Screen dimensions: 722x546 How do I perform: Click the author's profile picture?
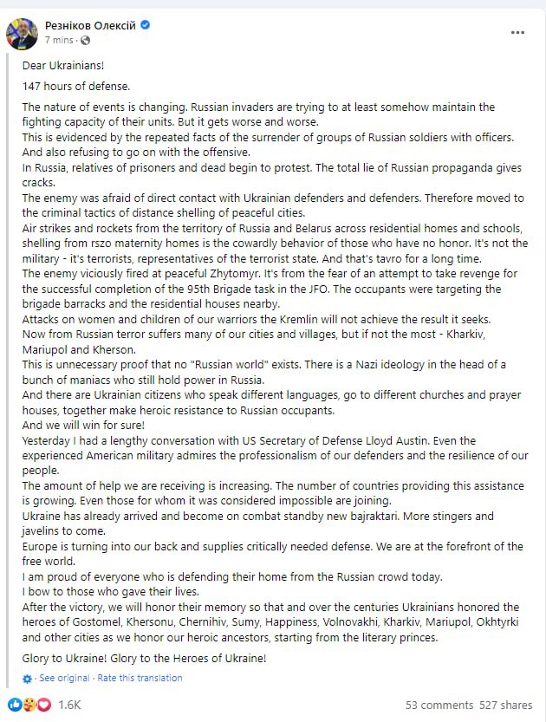(22, 33)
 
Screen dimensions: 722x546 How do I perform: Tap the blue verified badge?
(145, 25)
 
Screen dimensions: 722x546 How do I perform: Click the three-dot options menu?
(517, 33)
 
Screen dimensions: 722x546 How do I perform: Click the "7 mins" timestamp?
(59, 40)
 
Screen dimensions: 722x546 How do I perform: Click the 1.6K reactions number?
(69, 705)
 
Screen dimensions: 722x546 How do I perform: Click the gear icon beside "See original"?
(28, 678)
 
